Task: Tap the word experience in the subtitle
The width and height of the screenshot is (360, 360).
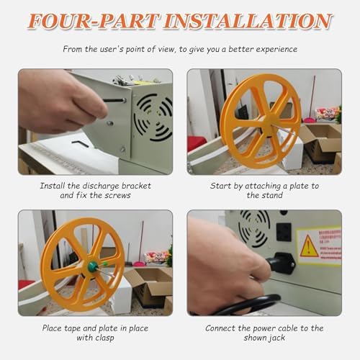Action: (x=273, y=50)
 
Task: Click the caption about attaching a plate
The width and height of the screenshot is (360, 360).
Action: (x=264, y=189)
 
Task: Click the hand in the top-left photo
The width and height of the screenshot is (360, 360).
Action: (x=58, y=101)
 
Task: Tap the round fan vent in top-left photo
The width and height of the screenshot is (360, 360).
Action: (x=153, y=115)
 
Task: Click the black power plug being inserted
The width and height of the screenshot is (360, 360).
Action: (x=279, y=263)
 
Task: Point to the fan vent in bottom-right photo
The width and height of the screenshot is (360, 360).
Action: (x=254, y=226)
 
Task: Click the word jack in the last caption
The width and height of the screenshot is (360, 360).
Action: (x=278, y=337)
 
